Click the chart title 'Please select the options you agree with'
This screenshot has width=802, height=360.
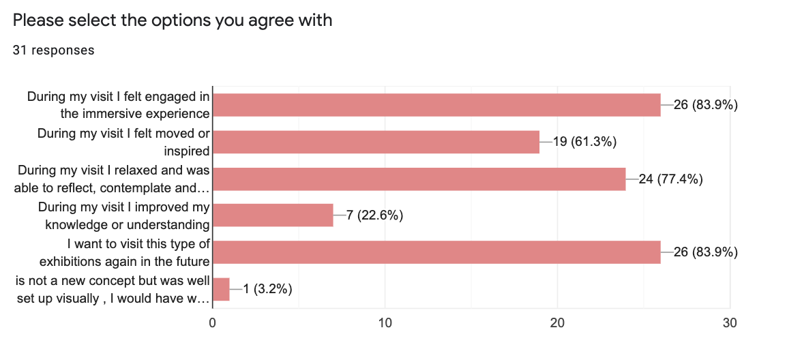173,20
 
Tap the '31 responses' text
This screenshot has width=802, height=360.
53,50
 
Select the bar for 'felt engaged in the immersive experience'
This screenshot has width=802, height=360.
436,105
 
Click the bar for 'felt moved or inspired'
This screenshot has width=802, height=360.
376,142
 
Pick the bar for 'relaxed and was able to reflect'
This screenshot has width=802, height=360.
419,179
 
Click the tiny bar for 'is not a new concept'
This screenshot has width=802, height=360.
221,289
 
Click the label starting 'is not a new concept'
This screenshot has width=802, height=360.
113,289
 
